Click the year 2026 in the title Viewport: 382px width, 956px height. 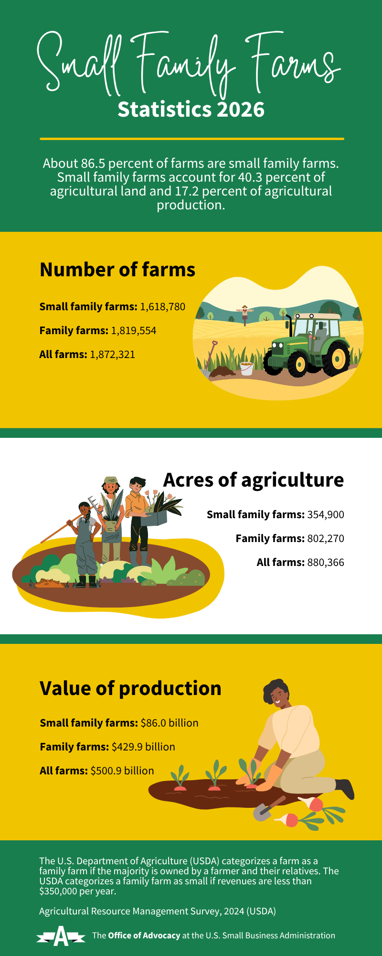pos(241,109)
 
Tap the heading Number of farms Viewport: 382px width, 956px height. pos(117,270)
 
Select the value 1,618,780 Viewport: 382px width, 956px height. pos(162,307)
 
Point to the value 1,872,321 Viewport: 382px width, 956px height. pos(113,355)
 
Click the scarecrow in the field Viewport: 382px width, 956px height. pos(245,314)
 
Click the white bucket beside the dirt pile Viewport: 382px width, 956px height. pos(247,369)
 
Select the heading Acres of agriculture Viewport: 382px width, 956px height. pos(254,480)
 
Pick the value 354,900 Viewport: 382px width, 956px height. pos(326,515)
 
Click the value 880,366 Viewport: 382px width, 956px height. pos(326,563)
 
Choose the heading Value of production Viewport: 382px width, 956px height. pos(131,688)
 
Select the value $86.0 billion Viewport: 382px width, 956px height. pos(170,723)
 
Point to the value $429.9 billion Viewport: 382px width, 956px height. pos(143,747)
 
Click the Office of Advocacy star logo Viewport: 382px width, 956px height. pos(61,935)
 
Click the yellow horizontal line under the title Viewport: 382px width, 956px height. pos(192,139)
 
